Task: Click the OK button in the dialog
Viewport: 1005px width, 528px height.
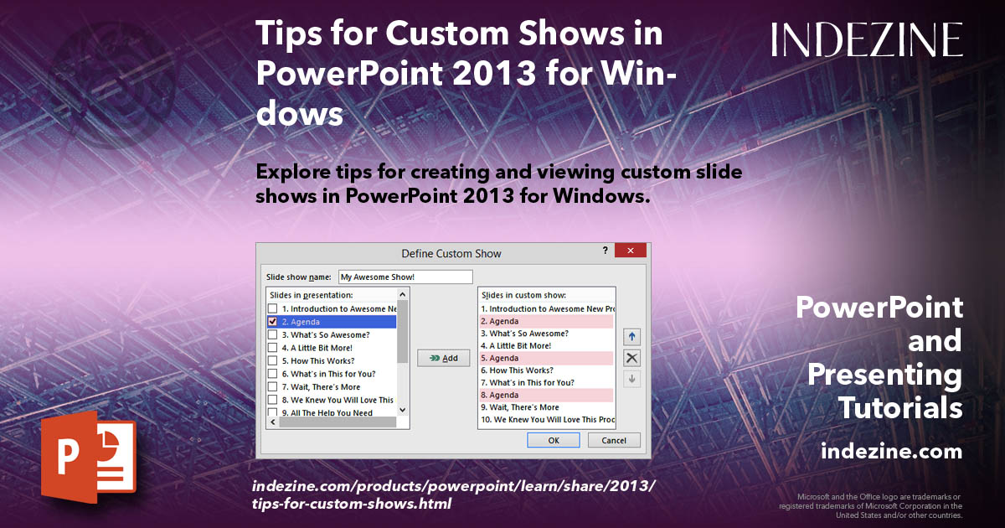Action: click(x=553, y=440)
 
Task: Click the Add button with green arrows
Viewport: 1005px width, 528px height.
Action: click(x=443, y=358)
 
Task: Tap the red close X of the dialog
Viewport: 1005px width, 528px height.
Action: click(x=630, y=251)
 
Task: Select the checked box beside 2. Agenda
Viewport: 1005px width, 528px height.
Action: click(x=272, y=322)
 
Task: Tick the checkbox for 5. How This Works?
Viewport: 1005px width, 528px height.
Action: click(x=272, y=361)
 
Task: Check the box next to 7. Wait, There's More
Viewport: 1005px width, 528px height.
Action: click(x=272, y=387)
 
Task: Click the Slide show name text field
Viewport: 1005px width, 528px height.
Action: click(x=405, y=277)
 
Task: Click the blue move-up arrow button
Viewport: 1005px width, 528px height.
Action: click(x=632, y=337)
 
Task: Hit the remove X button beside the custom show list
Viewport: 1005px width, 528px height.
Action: click(x=632, y=358)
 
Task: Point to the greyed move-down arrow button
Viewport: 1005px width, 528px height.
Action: click(x=632, y=379)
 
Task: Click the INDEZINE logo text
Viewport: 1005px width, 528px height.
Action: click(x=867, y=40)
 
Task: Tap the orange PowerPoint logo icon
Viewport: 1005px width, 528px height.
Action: click(x=88, y=453)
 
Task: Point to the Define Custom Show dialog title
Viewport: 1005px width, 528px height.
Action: click(x=451, y=253)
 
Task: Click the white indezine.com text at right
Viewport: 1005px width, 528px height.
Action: click(x=891, y=452)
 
